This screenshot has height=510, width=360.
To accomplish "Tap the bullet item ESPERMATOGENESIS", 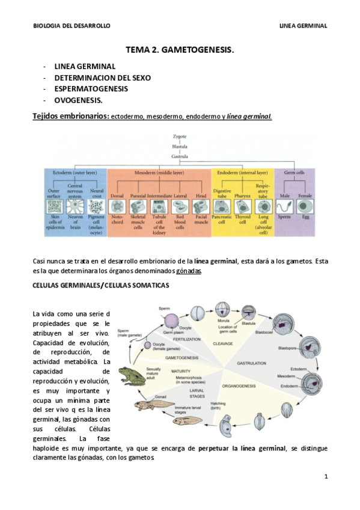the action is (x=91, y=88).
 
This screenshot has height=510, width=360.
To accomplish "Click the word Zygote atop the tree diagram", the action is (x=180, y=137).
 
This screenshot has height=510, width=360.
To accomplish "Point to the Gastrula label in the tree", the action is (x=180, y=156).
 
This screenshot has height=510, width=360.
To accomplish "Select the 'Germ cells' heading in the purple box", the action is (x=293, y=173).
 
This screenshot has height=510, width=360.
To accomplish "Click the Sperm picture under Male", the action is (x=284, y=206).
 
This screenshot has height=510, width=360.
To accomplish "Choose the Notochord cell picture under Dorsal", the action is (x=117, y=206).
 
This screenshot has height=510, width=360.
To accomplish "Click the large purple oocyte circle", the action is (x=172, y=319).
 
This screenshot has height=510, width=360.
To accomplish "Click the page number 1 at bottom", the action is (x=325, y=477).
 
